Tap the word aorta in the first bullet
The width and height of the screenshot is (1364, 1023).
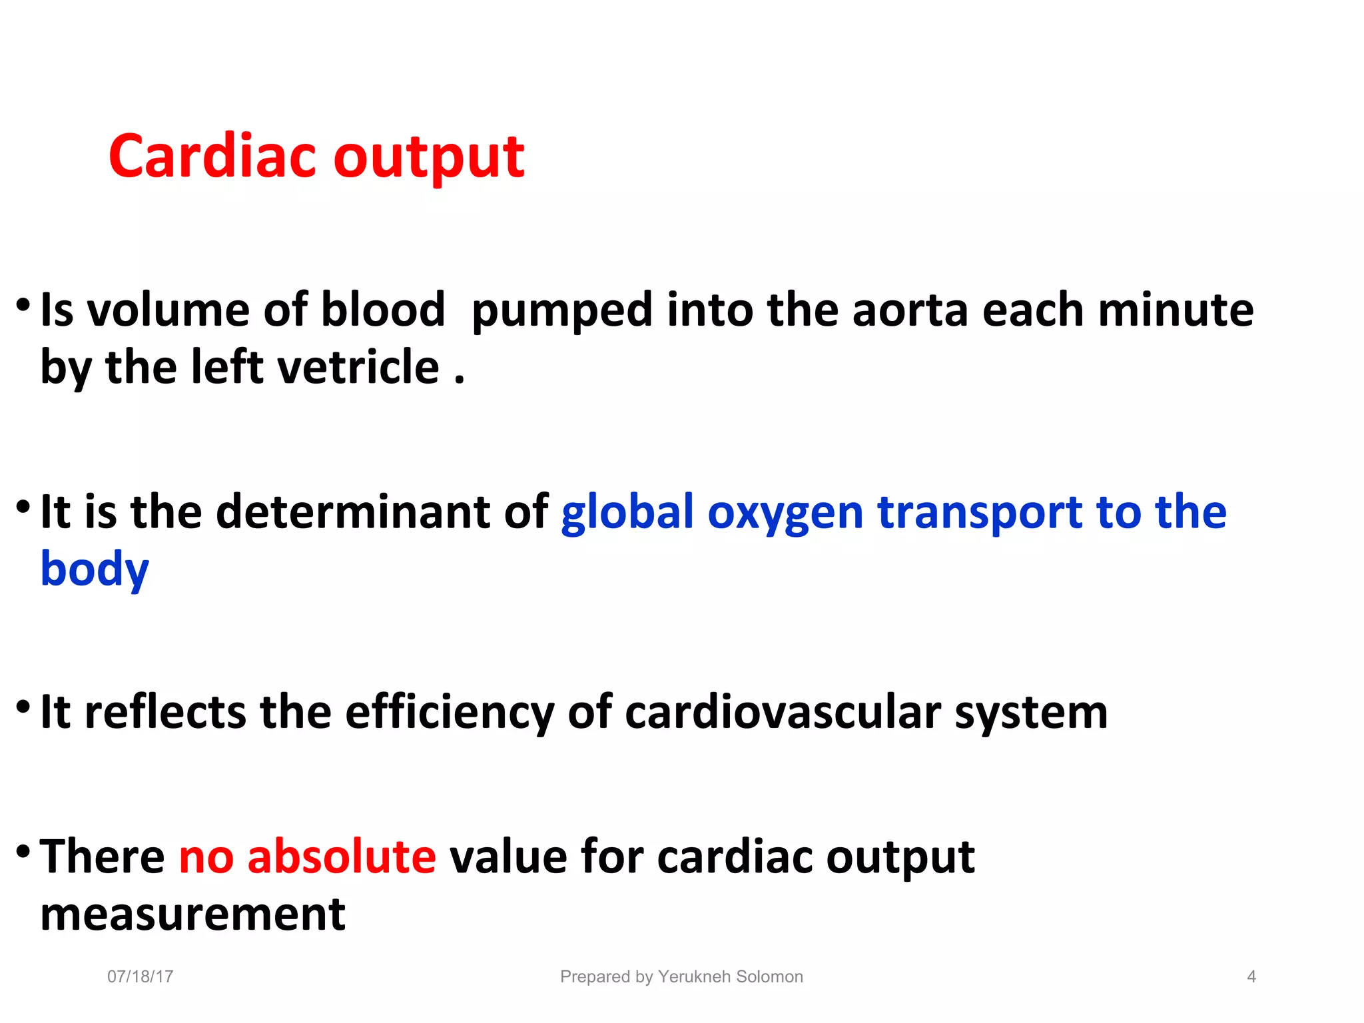910,310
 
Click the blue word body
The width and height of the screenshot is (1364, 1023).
95,570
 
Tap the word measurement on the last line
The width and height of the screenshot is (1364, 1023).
193,914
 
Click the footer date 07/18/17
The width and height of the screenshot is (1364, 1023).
141,976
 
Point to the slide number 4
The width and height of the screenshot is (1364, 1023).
1251,976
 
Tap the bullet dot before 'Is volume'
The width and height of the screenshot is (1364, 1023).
23,306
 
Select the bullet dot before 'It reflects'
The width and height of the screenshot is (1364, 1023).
23,707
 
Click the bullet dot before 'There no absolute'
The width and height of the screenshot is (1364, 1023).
23,851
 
